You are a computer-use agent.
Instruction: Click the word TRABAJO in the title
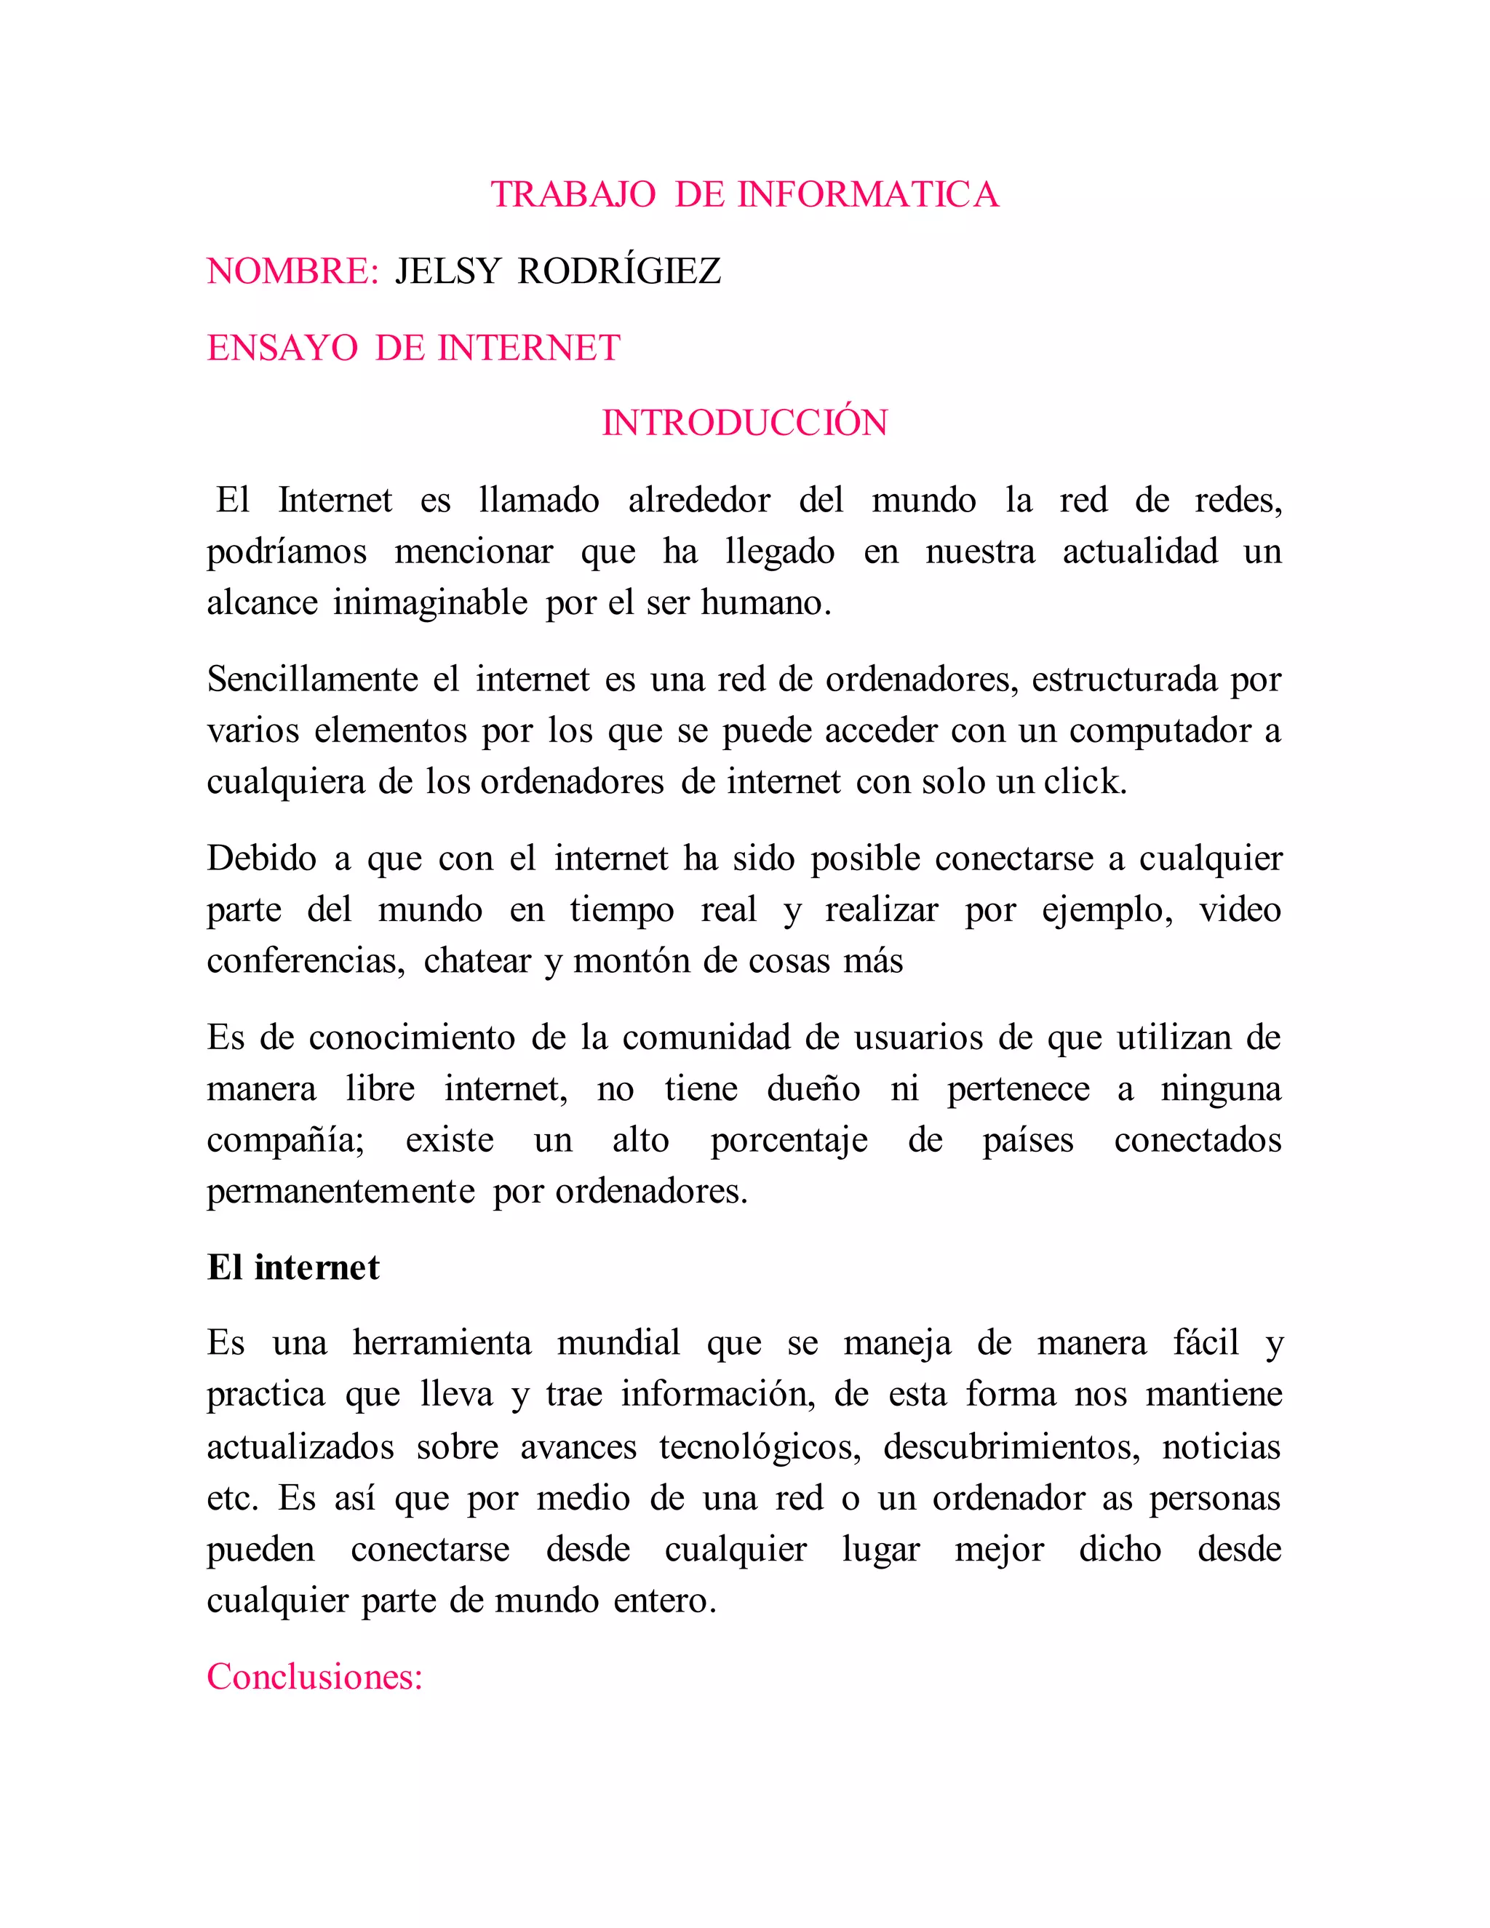pyautogui.click(x=573, y=195)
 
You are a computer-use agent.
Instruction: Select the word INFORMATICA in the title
pyautogui.click(x=868, y=195)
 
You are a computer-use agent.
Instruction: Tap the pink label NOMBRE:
pyautogui.click(x=293, y=271)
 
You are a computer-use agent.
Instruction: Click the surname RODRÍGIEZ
pyautogui.click(x=619, y=271)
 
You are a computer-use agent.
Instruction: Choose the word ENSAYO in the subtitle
pyautogui.click(x=282, y=348)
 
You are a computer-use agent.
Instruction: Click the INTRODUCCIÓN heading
pyautogui.click(x=744, y=423)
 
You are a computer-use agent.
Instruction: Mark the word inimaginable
pyautogui.click(x=430, y=603)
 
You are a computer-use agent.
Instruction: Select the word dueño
pyautogui.click(x=813, y=1089)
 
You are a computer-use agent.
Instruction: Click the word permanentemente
pyautogui.click(x=340, y=1192)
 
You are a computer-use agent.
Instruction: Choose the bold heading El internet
pyautogui.click(x=293, y=1267)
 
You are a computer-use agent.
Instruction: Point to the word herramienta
pyautogui.click(x=442, y=1344)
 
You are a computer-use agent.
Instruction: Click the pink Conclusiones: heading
pyautogui.click(x=315, y=1676)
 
